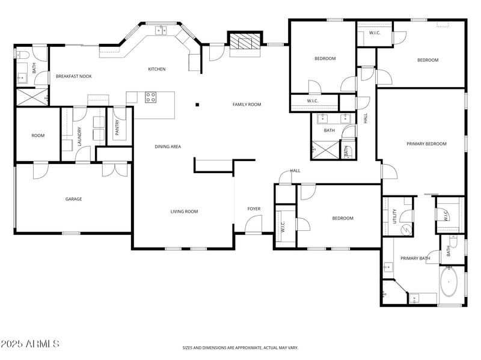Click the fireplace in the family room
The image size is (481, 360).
(244, 41)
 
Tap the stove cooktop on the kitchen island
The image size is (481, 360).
(150, 96)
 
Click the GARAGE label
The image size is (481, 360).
(73, 199)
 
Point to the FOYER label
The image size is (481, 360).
(254, 209)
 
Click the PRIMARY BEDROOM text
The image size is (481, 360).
(426, 144)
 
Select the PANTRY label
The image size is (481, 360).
(117, 127)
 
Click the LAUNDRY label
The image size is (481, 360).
(79, 136)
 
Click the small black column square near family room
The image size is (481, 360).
(197, 105)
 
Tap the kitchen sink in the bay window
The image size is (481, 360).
(161, 30)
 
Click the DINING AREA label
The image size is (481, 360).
(168, 147)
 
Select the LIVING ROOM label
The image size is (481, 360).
(184, 212)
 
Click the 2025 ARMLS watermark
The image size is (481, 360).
(30, 344)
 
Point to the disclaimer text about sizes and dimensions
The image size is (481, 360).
(240, 347)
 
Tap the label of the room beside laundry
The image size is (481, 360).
(38, 136)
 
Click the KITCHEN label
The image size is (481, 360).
(157, 69)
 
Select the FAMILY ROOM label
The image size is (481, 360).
(247, 105)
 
